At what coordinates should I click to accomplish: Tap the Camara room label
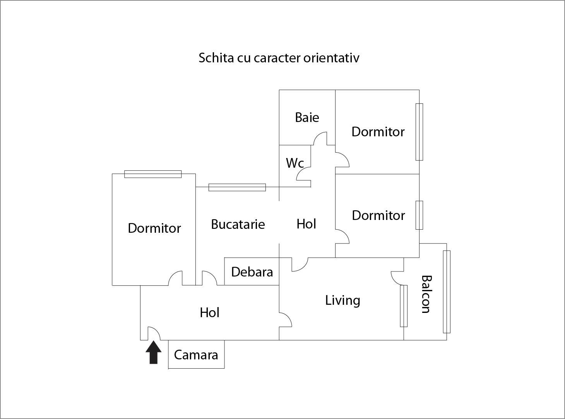[x=196, y=355]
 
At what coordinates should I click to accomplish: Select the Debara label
[x=252, y=272]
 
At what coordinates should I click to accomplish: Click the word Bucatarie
[x=238, y=224]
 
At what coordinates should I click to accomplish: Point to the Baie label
[x=307, y=117]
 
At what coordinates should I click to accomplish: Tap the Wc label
[x=294, y=163]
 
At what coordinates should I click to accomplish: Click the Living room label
[x=342, y=300]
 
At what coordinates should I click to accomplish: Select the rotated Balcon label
[x=426, y=294]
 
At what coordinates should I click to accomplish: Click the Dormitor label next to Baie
[x=378, y=132]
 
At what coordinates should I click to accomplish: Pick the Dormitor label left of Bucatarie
[x=154, y=228]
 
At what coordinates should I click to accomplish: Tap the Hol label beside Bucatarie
[x=306, y=224]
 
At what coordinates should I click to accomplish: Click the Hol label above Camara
[x=209, y=313]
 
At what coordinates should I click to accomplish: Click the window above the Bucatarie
[x=237, y=187]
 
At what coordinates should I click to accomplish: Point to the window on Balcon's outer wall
[x=447, y=292]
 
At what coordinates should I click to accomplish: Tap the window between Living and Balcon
[x=404, y=306]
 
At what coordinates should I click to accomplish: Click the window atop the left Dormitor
[x=153, y=174]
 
